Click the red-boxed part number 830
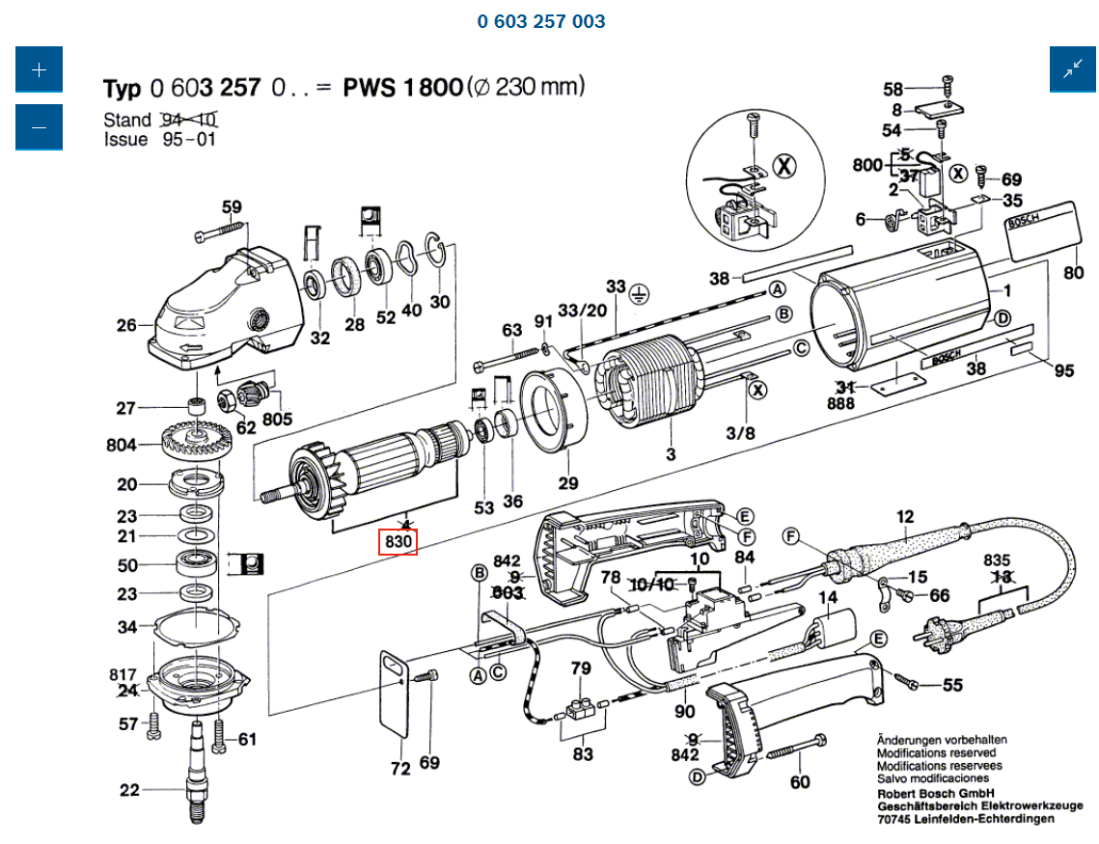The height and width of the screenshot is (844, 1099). [398, 543]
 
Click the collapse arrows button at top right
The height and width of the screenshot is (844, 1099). [1073, 69]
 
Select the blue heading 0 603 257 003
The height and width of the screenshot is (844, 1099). [541, 21]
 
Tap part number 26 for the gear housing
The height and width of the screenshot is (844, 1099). [127, 326]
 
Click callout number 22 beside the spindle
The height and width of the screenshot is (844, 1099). [129, 791]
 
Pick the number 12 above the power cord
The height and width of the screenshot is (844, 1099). [904, 517]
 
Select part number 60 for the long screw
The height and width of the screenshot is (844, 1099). [800, 782]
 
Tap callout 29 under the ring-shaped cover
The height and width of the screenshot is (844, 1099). [568, 483]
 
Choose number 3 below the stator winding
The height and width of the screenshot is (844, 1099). [670, 454]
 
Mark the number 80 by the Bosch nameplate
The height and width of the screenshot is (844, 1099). [1074, 272]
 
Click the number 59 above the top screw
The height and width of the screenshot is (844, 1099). [232, 206]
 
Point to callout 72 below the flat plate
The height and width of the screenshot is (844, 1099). [399, 769]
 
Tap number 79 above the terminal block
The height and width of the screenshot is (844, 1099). [580, 668]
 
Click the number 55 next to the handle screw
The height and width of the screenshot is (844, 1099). [952, 686]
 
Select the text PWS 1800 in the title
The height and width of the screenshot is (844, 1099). [402, 89]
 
